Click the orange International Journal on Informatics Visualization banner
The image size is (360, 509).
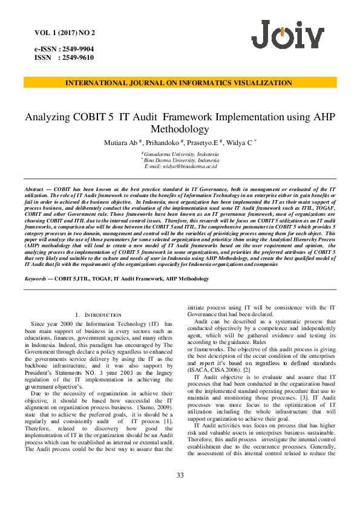(180, 83)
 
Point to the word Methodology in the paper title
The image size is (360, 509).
(180, 129)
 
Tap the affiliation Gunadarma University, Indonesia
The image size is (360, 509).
(181, 155)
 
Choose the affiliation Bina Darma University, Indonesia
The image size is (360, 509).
(182, 161)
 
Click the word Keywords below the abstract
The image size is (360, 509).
(36, 279)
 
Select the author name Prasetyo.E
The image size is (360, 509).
(203, 142)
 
